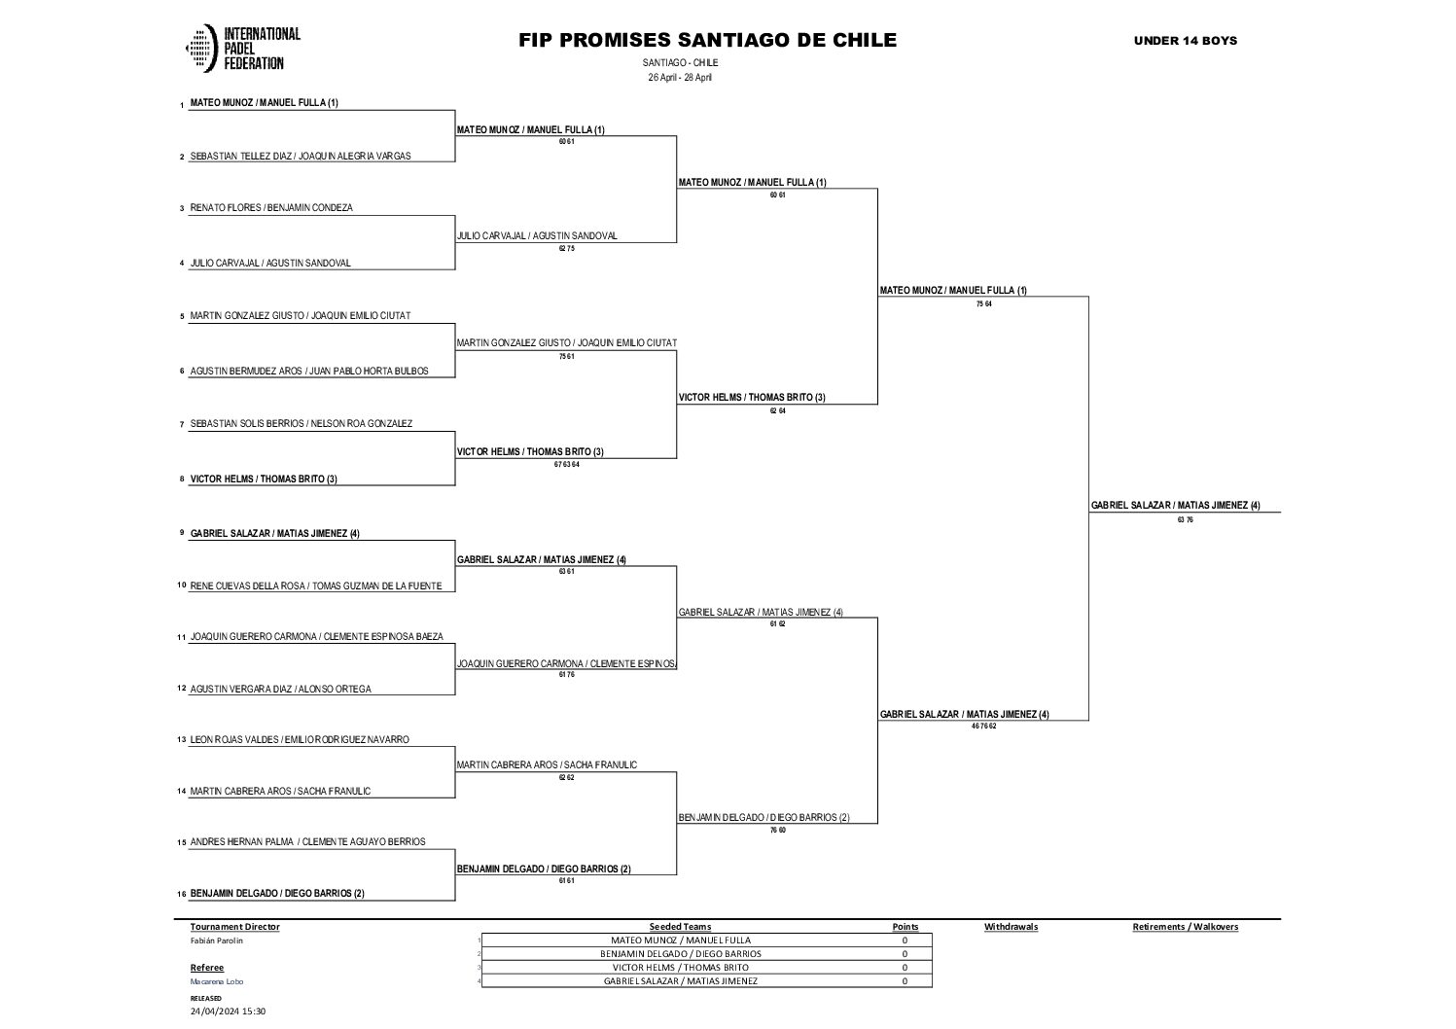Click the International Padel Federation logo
(242, 49)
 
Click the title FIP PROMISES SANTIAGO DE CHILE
(707, 40)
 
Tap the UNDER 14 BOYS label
(1185, 40)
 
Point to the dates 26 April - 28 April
(680, 78)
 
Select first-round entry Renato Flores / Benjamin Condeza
(271, 208)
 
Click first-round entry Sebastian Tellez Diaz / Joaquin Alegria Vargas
(301, 156)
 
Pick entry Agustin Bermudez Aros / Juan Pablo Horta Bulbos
(309, 371)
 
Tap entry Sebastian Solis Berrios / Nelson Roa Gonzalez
(302, 424)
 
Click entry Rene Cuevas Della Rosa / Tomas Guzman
(316, 585)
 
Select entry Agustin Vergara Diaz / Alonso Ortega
(281, 689)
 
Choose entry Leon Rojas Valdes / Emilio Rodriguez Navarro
(300, 739)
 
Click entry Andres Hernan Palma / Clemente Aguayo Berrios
(307, 842)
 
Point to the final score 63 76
(1184, 520)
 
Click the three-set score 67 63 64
(566, 464)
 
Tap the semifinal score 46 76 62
(983, 727)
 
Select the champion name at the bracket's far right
(1175, 506)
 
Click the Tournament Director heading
(234, 927)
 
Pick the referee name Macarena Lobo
(217, 981)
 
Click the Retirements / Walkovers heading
(1185, 927)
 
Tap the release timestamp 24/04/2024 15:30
(228, 1011)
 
